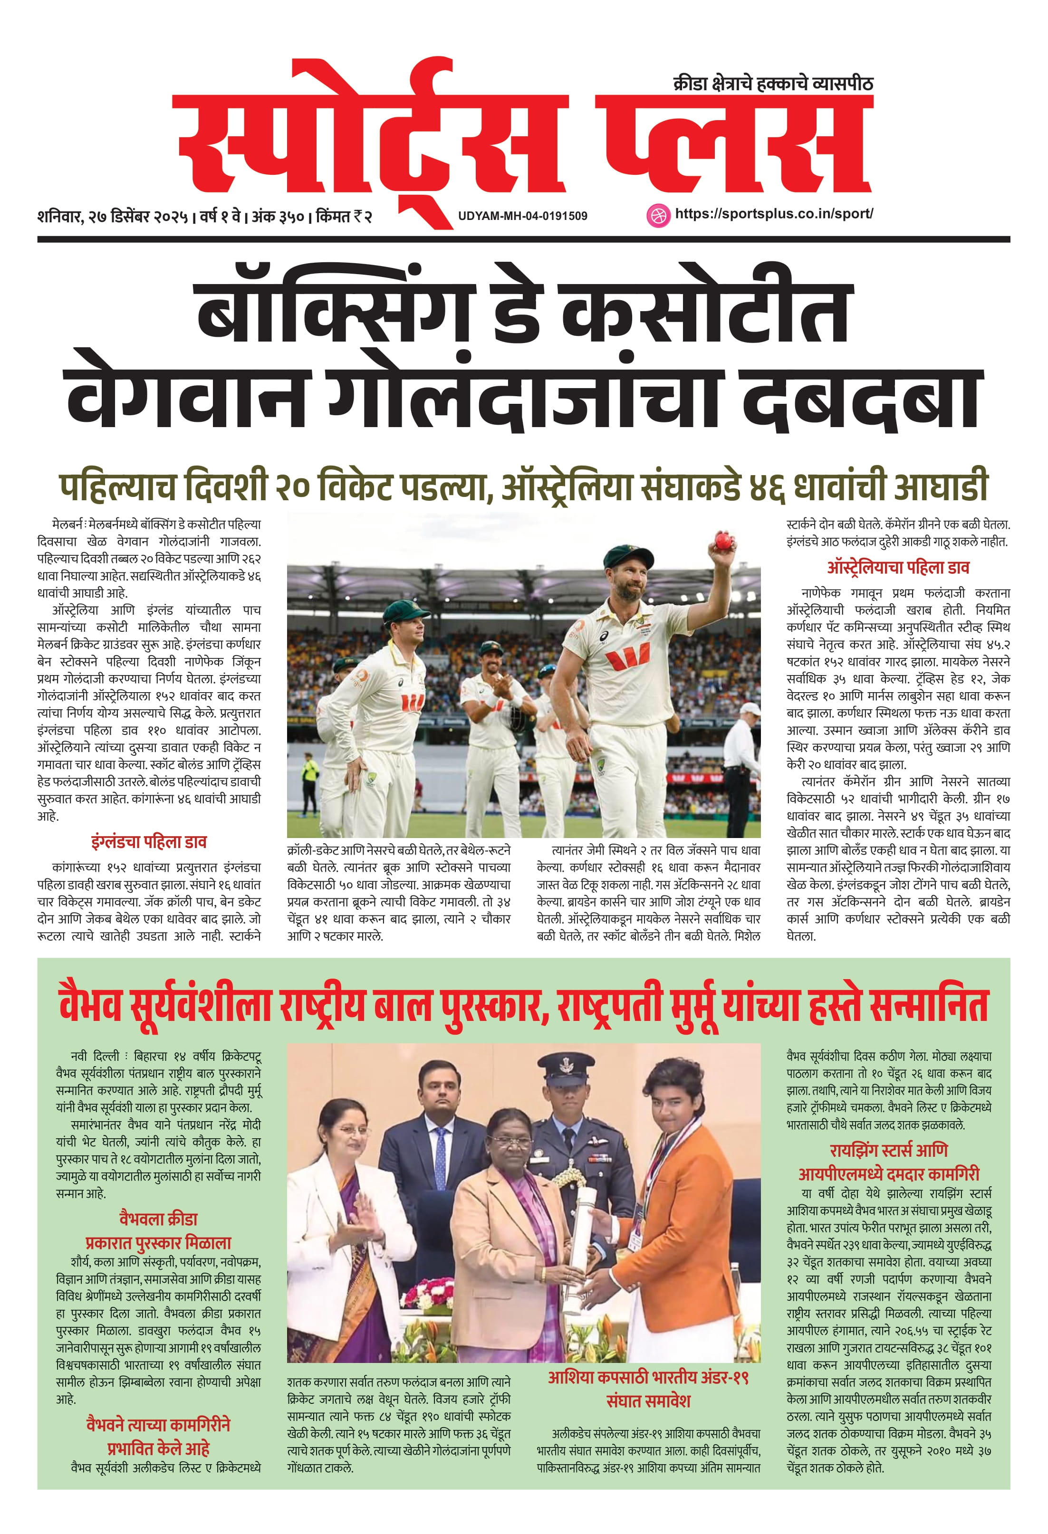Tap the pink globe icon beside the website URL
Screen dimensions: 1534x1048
click(x=656, y=215)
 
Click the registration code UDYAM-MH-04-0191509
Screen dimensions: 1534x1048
click(x=522, y=216)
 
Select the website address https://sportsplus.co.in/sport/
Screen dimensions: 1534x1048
click(x=773, y=214)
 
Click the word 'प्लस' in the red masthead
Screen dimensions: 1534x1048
click(x=733, y=145)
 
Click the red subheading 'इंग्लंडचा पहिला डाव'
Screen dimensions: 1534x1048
click(x=149, y=842)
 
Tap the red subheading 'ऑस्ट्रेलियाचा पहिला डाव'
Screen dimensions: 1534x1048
click(x=898, y=568)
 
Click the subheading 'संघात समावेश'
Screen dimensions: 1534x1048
click(x=648, y=1400)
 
